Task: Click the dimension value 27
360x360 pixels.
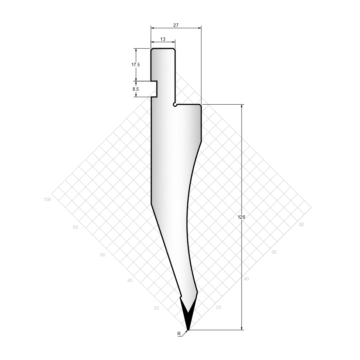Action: coord(176,25)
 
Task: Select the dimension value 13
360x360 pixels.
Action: coord(163,39)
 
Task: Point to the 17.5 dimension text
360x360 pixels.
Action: coord(136,65)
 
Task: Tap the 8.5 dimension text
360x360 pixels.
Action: coord(136,89)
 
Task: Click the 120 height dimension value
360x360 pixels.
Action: coord(241,217)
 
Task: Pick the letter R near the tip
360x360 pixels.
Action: coord(179,334)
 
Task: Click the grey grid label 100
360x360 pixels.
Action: coord(47,199)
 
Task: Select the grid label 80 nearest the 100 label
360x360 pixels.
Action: coord(75,227)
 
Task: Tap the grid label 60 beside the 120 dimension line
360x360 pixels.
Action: coord(274,252)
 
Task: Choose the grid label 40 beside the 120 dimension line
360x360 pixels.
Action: coord(246,279)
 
